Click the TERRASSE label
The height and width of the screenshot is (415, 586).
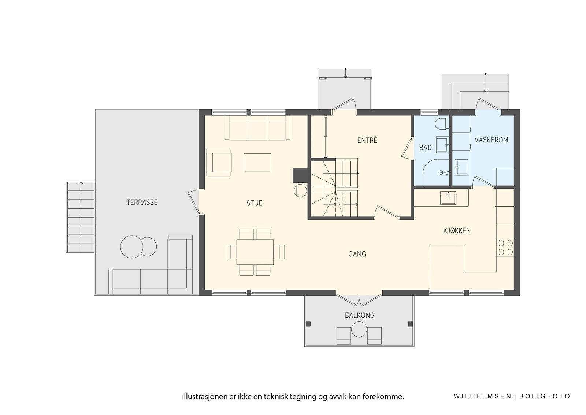pos(142,203)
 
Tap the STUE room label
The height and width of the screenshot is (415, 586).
pos(254,203)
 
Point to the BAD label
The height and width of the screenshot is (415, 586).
pos(425,148)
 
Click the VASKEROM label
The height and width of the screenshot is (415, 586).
pos(491,140)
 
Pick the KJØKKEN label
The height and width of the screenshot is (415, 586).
pos(457,231)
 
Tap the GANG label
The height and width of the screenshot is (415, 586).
pos(357,254)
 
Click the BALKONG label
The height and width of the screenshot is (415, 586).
pos(359,315)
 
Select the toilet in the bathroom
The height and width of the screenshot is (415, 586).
pos(443,124)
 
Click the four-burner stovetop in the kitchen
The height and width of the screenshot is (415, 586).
pos(505,247)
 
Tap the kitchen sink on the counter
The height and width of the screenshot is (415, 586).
pos(448,198)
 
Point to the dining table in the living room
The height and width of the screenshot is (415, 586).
pos(255,252)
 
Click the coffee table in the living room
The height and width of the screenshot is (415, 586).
pos(257,163)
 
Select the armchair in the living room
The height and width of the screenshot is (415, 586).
pos(219,163)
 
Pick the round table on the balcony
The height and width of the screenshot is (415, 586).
pos(359,329)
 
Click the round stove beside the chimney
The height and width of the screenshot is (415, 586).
pos(300,190)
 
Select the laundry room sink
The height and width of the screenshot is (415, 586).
pos(461,167)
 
